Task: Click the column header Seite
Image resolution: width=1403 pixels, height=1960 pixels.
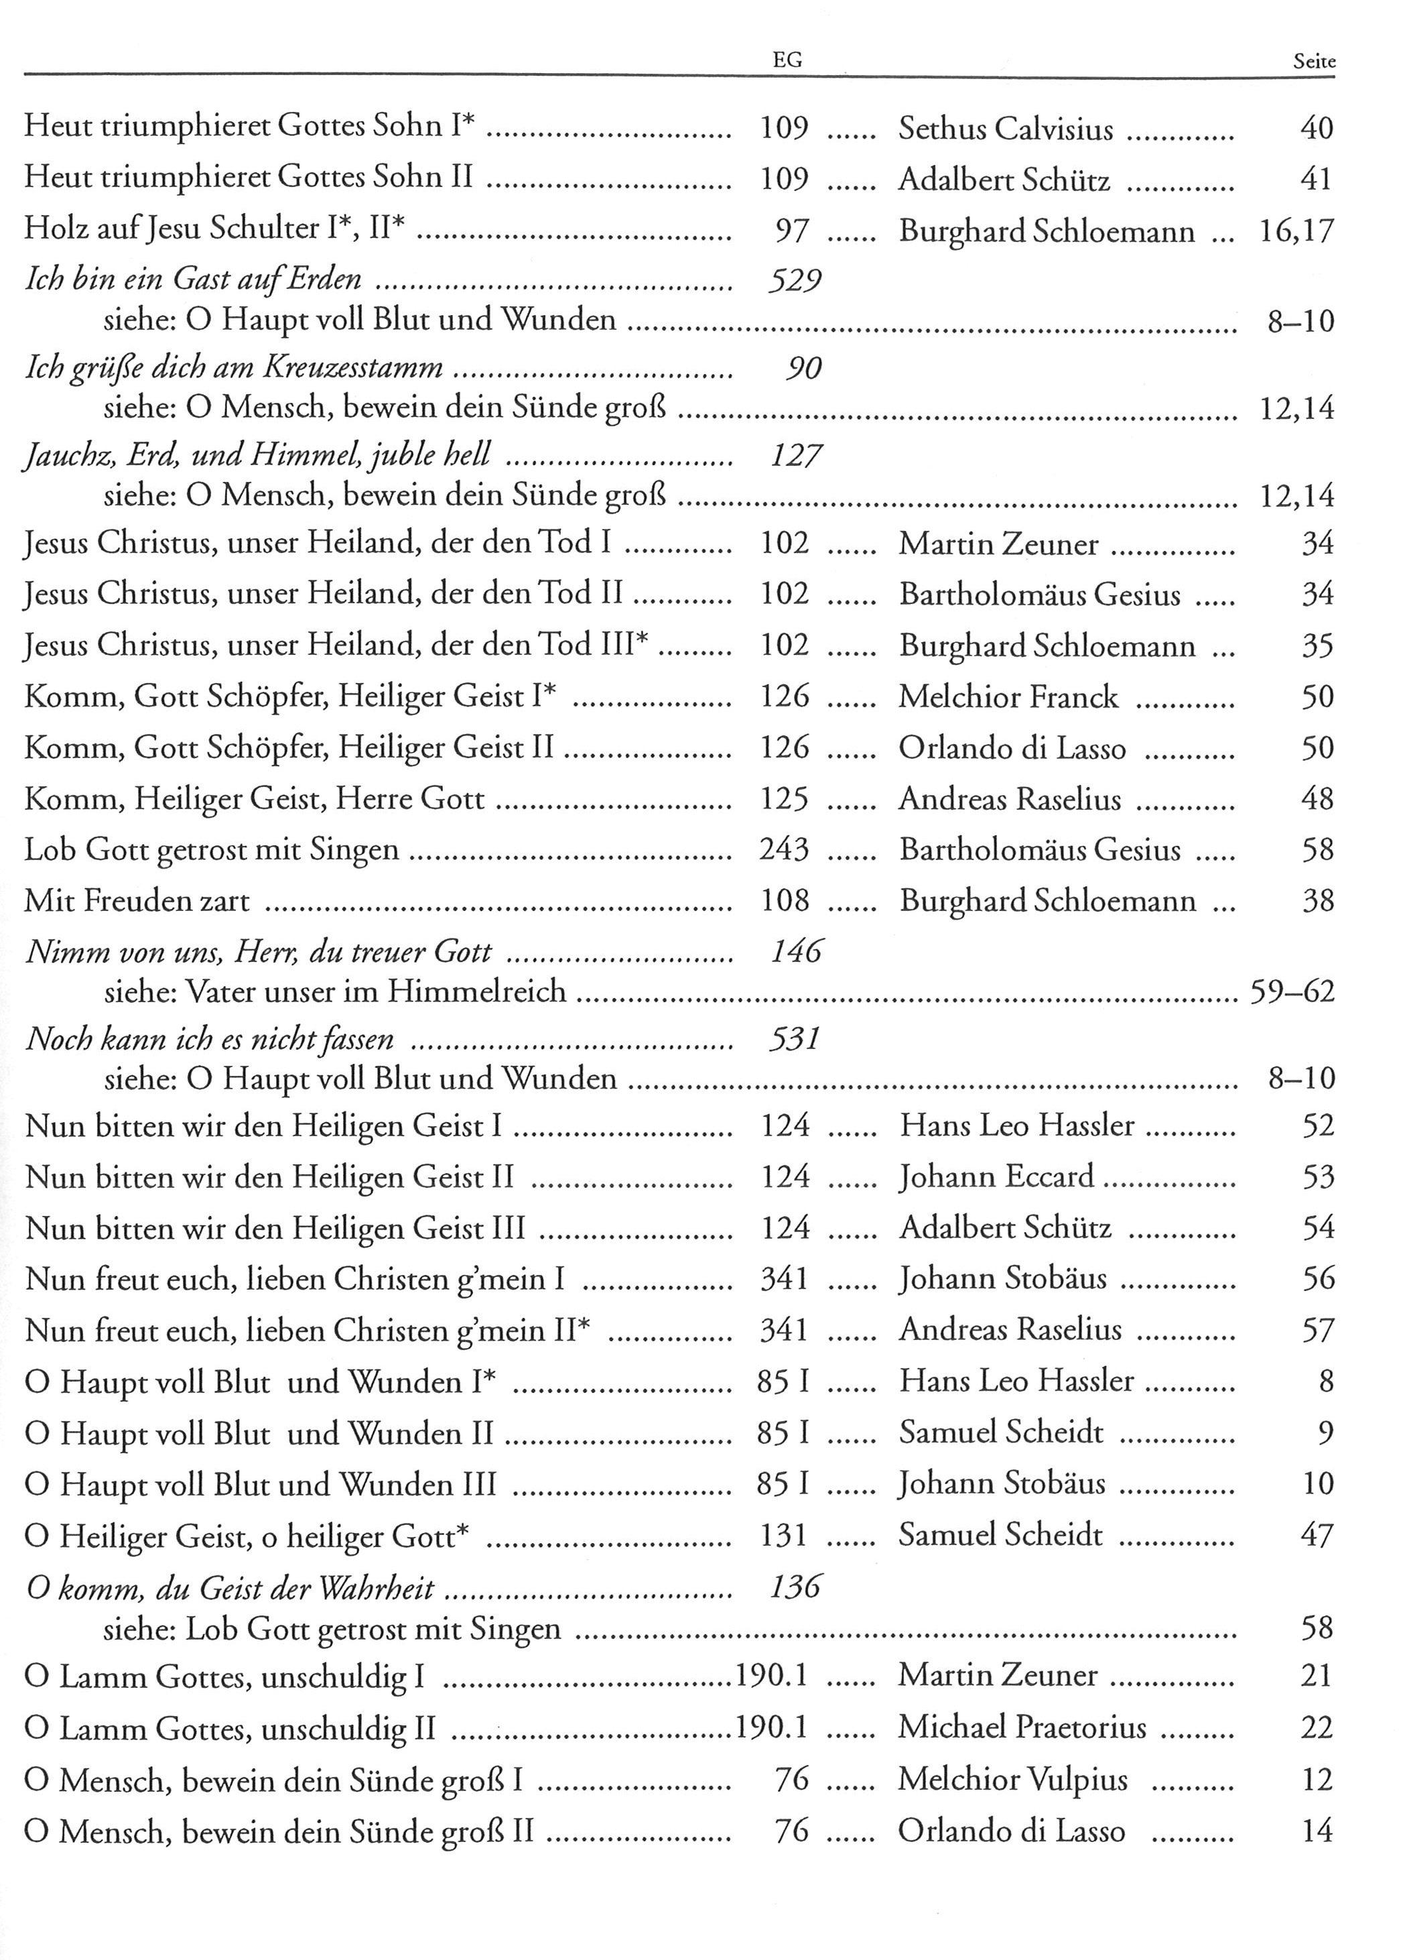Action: tap(1314, 62)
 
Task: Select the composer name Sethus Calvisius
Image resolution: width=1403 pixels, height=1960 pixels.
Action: tap(1006, 129)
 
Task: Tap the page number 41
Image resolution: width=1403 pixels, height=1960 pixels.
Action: tap(1316, 180)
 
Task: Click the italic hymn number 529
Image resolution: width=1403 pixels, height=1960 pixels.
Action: tap(794, 280)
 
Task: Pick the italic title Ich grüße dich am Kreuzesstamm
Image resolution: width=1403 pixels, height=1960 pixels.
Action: tap(234, 369)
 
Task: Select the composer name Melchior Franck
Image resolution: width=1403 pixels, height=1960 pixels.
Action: tap(1008, 697)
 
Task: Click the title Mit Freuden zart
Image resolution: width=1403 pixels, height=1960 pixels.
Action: tap(137, 902)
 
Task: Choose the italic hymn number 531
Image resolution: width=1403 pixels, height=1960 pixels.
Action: tap(794, 1039)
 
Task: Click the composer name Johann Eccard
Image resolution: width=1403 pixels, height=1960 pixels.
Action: tap(997, 1177)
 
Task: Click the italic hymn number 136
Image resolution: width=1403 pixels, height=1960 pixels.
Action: tap(795, 1587)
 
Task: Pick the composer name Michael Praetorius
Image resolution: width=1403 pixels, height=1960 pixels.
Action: tap(1022, 1727)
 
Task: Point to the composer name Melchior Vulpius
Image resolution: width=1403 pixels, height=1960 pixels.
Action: tap(1012, 1780)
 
